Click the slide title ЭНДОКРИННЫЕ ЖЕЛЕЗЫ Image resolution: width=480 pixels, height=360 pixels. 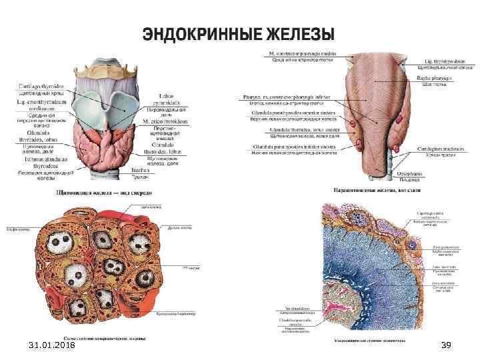237,33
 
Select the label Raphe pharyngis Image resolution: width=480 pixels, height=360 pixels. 435,78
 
